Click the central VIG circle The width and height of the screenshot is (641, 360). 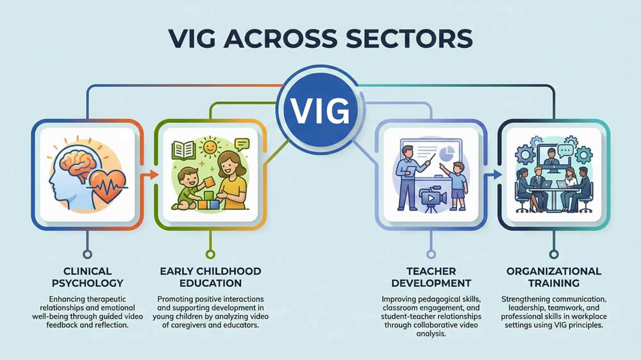(x=320, y=111)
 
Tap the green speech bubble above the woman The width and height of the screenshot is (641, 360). (x=241, y=145)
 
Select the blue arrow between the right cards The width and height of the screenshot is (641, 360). (x=494, y=174)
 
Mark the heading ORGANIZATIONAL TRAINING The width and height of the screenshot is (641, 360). (x=554, y=277)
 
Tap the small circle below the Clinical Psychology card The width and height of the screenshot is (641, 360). (x=85, y=254)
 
